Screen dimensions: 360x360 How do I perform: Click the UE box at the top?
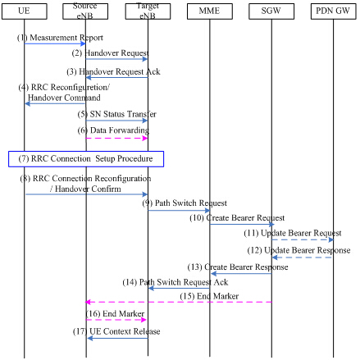click(x=25, y=11)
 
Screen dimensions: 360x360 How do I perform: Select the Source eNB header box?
click(x=85, y=11)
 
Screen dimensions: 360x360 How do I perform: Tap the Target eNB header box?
click(x=148, y=11)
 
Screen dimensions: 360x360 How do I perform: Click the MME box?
click(x=210, y=11)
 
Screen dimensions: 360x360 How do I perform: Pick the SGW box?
click(x=271, y=11)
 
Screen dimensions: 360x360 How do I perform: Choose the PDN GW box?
click(x=334, y=11)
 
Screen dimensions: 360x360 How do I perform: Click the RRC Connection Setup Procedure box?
click(x=86, y=159)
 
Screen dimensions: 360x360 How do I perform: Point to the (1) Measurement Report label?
click(x=60, y=38)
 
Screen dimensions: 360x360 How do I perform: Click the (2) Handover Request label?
click(x=111, y=52)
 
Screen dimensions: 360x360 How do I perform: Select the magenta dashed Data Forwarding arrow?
click(x=116, y=138)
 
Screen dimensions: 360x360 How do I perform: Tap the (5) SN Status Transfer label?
click(x=117, y=114)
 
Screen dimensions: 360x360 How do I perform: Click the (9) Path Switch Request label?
click(x=185, y=203)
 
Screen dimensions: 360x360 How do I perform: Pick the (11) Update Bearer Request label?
click(x=293, y=233)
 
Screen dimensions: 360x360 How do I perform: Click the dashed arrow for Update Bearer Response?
click(x=303, y=257)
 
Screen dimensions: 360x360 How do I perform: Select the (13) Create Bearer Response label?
click(x=238, y=267)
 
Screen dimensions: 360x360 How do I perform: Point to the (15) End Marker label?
click(x=209, y=296)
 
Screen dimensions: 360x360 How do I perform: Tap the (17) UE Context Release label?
click(x=116, y=331)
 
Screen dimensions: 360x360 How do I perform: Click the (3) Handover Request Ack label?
click(x=113, y=71)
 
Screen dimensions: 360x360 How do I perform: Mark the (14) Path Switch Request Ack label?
click(x=175, y=282)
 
